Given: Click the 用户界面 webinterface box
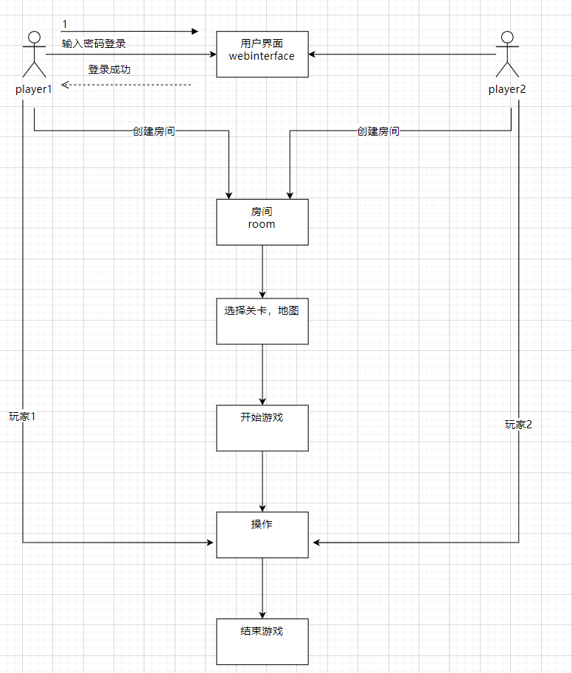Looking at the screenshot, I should coord(262,55).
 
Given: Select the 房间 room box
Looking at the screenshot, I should coord(262,222).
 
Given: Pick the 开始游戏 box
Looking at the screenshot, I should coord(262,428).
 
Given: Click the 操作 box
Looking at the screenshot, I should coord(262,534).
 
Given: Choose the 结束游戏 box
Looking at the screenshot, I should coord(262,641).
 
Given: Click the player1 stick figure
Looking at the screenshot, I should coord(34,55).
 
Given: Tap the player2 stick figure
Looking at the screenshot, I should coord(507,55).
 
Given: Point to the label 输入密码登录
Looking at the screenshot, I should coord(94,43).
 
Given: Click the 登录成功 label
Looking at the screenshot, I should coord(110,70).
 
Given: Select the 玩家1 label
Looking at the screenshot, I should coord(23,416).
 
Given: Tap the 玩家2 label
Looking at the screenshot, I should coord(518,425).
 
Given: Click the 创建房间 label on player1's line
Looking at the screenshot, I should coord(154,131).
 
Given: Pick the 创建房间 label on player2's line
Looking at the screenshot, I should coord(378,131).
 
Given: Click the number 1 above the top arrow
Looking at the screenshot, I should coord(65,24).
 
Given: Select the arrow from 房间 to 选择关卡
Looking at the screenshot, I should coord(262,271).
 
